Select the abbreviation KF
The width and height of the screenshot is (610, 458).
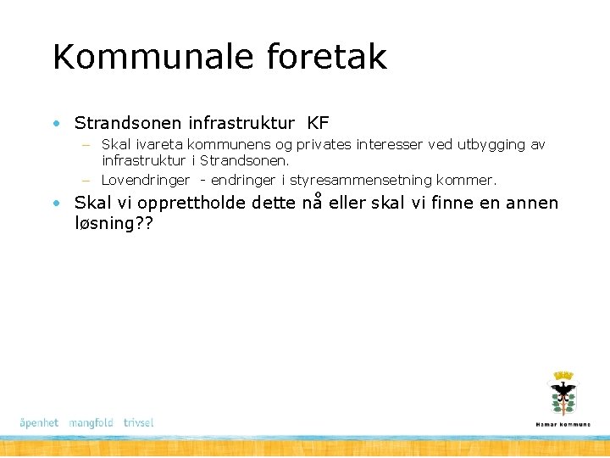319,124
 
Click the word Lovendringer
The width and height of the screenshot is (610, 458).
145,180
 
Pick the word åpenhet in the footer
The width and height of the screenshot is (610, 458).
39,422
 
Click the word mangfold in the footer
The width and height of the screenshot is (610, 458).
91,422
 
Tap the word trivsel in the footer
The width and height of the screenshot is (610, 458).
138,422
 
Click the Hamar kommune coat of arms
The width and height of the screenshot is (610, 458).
563,393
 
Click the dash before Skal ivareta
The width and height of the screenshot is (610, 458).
86,146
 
